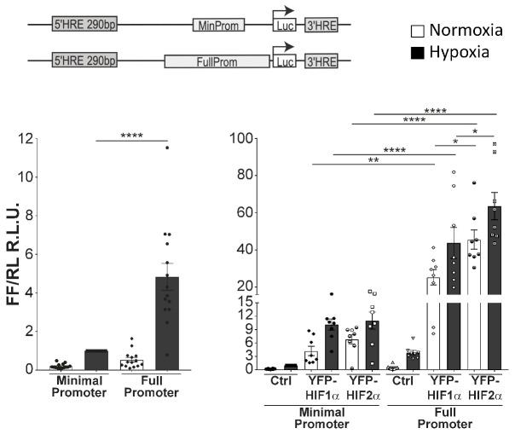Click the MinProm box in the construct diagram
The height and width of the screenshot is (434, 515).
(x=217, y=26)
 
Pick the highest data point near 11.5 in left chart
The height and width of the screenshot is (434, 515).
(x=168, y=148)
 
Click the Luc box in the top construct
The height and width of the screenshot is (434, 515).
(x=284, y=26)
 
